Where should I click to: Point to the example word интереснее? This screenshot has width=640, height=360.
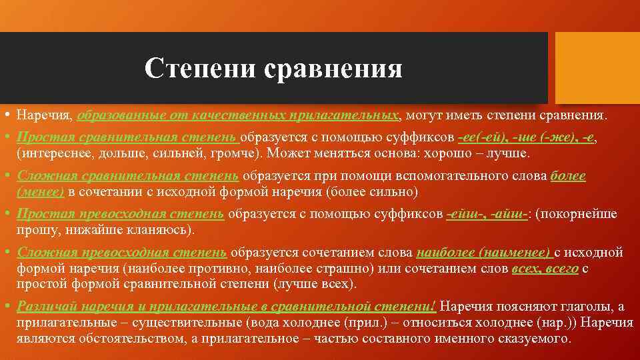(52, 153)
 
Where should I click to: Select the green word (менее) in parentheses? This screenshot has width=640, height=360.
(40, 193)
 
